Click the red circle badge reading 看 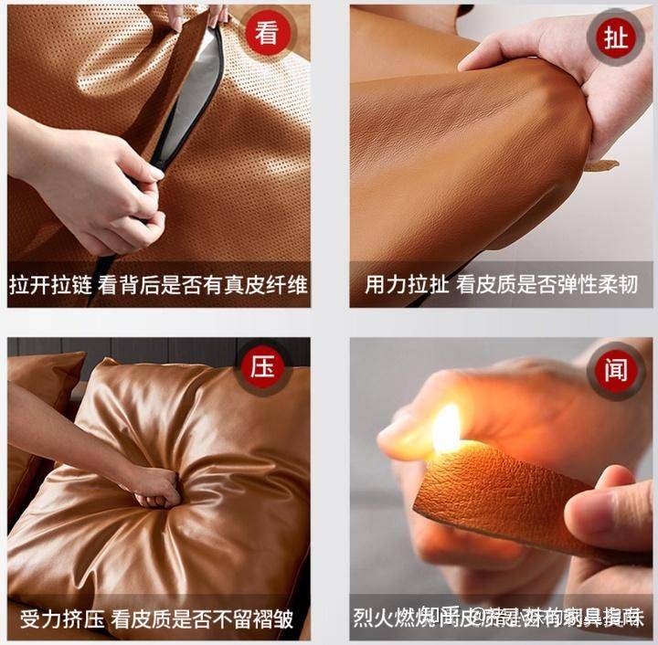(x=266, y=35)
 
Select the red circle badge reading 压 (x=266, y=369)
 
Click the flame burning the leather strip (x=446, y=429)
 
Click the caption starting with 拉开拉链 (x=158, y=284)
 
